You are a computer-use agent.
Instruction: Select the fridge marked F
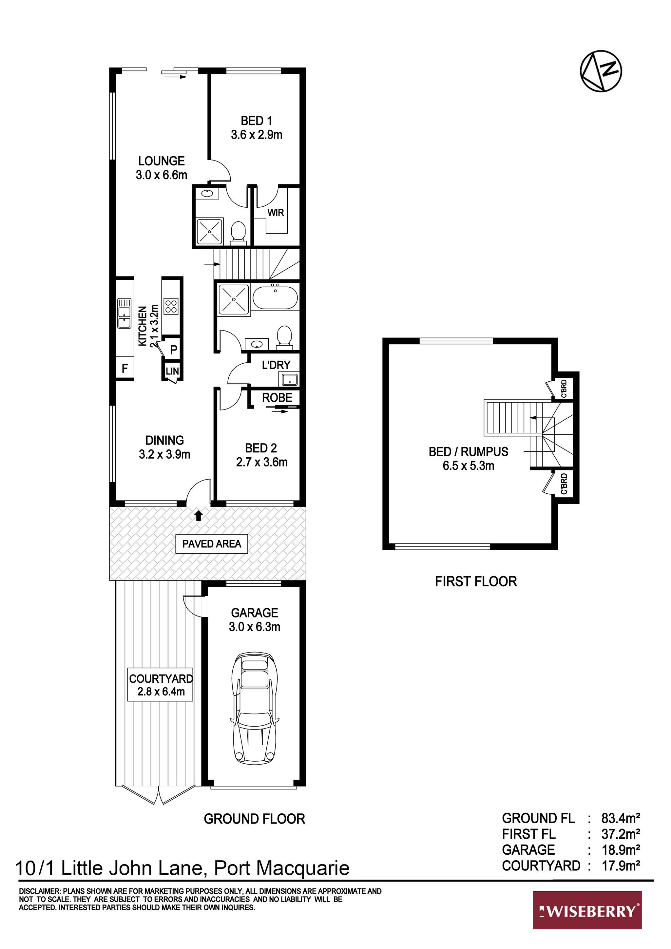click(x=125, y=368)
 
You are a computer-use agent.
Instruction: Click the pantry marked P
click(x=174, y=350)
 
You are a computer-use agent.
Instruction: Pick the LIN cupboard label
click(x=172, y=371)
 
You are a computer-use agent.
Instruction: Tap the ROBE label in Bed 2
click(x=277, y=398)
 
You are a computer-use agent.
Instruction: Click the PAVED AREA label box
click(x=212, y=543)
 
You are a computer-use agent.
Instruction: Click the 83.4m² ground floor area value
click(x=621, y=818)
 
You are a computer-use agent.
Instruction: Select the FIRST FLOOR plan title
click(x=476, y=581)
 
